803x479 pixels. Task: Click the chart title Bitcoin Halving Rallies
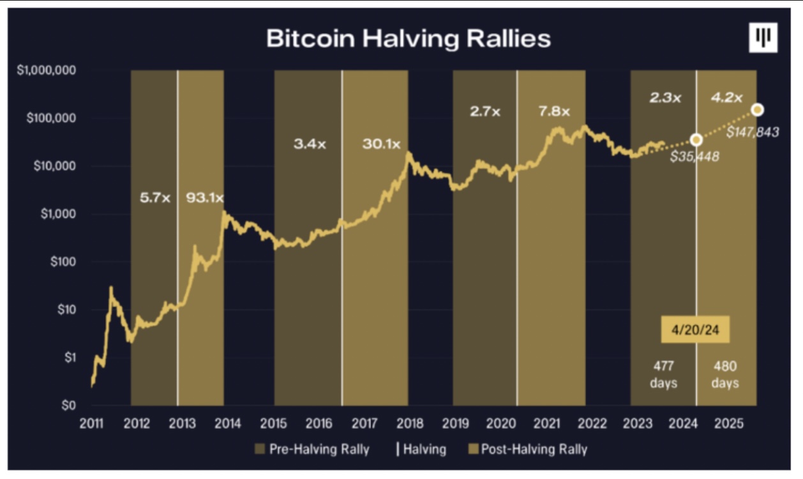pos(408,38)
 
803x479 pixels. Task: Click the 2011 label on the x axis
pos(91,423)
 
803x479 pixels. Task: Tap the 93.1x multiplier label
pos(204,198)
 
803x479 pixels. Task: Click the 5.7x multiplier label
pos(155,198)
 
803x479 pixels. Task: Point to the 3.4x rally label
pos(310,144)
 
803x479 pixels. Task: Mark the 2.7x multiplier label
pos(485,111)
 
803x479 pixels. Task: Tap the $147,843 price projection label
pos(752,132)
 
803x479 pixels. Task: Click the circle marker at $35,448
pos(696,139)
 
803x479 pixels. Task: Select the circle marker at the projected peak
pos(758,110)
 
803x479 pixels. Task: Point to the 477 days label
pos(664,375)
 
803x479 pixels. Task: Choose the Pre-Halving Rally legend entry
pos(312,449)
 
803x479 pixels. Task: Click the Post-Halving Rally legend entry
pos(528,449)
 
